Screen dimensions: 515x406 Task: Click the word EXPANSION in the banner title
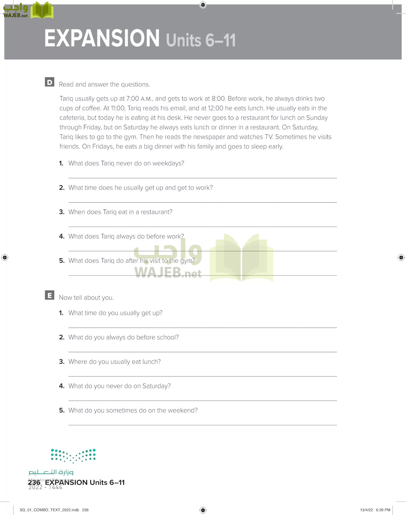click(102, 38)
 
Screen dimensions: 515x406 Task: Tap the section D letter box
click(49, 82)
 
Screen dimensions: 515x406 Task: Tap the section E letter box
click(49, 295)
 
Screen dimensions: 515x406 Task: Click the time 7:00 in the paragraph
click(133, 99)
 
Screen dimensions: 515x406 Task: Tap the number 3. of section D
click(62, 212)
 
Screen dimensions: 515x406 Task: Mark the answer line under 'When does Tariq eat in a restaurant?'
click(202, 226)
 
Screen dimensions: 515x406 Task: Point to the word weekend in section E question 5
click(182, 410)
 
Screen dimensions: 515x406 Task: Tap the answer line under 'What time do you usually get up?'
click(202, 327)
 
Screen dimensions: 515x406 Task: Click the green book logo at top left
click(42, 10)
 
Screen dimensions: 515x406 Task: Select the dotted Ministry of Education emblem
click(73, 456)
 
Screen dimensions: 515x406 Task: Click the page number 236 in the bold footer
click(34, 482)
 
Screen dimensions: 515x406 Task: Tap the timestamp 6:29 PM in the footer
click(383, 510)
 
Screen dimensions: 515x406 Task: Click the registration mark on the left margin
click(5, 257)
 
